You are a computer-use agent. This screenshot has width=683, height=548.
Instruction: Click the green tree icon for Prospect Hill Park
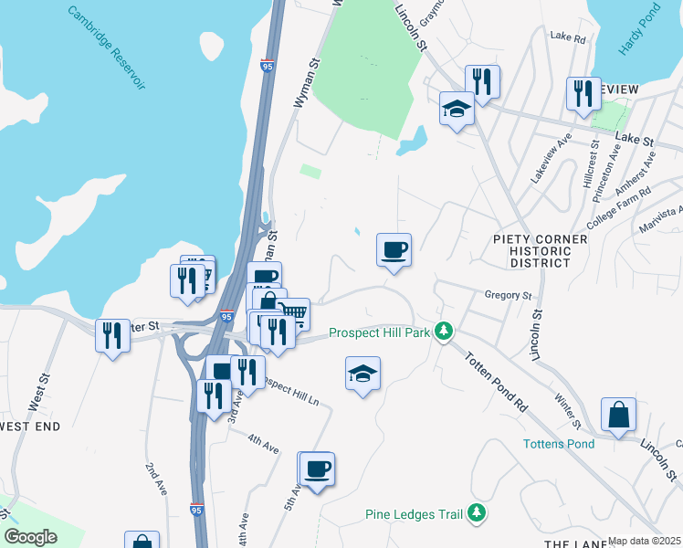(x=444, y=331)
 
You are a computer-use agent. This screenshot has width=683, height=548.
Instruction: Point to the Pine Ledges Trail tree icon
(x=476, y=514)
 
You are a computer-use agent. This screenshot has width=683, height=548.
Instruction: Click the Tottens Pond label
(x=559, y=445)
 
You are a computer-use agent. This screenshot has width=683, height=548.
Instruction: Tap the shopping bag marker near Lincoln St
(x=618, y=414)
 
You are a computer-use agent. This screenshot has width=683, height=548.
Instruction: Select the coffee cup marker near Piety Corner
(x=394, y=249)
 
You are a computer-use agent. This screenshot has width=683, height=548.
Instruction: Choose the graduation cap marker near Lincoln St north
(x=457, y=109)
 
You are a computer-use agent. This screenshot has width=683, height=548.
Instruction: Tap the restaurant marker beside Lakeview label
(x=582, y=93)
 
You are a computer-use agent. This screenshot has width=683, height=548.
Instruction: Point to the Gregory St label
(x=509, y=296)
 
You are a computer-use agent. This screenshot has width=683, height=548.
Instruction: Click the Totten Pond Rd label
(x=497, y=381)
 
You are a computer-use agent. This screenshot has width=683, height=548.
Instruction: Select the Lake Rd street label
(x=567, y=37)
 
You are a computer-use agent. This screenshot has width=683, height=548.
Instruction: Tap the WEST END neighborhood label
(x=29, y=427)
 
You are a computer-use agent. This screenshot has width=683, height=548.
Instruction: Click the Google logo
(x=30, y=538)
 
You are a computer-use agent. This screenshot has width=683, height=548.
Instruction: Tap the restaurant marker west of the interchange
(x=112, y=335)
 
